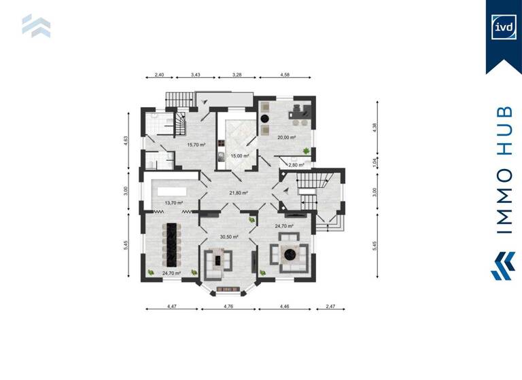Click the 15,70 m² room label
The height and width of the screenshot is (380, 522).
196,145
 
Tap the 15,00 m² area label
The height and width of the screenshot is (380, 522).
239,156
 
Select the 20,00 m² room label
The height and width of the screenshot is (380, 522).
287,138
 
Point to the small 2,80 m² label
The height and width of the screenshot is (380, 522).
296,165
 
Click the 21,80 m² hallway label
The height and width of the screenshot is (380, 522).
239,193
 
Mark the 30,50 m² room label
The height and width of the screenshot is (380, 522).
229,237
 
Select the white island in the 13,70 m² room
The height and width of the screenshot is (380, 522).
174,185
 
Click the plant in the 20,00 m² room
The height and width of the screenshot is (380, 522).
307,149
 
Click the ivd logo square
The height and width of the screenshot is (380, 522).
504,28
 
